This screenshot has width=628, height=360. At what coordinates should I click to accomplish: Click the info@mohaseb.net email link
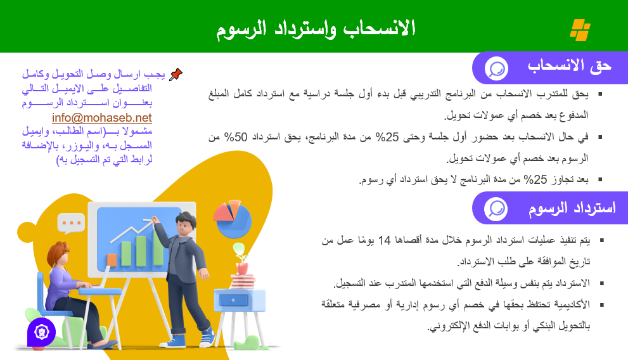click(x=102, y=117)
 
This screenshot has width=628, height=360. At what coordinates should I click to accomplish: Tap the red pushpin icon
click(x=176, y=75)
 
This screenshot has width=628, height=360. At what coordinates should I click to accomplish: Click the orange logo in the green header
click(x=580, y=30)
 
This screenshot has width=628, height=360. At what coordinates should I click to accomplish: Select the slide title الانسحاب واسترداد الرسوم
click(x=316, y=29)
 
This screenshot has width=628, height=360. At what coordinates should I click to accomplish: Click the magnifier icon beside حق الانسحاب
click(x=497, y=68)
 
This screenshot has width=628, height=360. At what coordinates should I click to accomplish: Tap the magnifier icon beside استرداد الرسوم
click(x=496, y=209)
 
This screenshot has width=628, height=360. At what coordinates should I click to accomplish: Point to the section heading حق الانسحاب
click(x=569, y=66)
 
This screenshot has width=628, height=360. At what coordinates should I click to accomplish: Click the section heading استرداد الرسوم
click(x=572, y=208)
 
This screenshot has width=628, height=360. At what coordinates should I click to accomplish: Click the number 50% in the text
click(x=236, y=137)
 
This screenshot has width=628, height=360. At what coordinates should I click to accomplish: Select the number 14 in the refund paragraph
click(x=385, y=240)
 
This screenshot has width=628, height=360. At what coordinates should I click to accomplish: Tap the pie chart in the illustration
click(x=233, y=219)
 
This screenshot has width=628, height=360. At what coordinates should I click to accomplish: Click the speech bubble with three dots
click(x=71, y=223)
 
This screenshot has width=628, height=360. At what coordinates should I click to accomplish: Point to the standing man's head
click(x=186, y=225)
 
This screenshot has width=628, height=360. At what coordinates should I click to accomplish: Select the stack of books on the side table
click(x=243, y=281)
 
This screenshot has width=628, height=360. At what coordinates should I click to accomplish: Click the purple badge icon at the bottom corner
click(x=42, y=332)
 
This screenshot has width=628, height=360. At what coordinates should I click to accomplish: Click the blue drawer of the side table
click(x=233, y=300)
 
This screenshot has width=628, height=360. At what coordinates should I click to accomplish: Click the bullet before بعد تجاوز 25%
click(x=600, y=179)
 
